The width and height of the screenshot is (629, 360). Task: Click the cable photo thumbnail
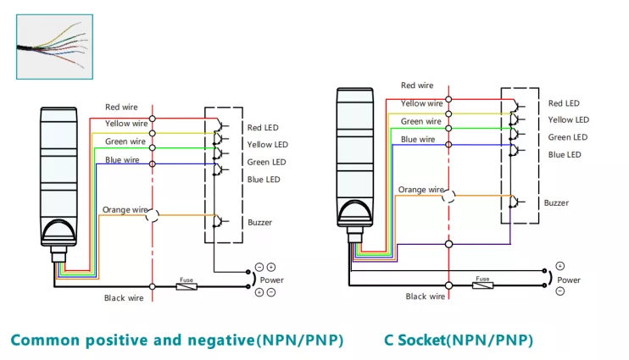point(54,47)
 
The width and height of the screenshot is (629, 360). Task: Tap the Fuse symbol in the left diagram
point(186,286)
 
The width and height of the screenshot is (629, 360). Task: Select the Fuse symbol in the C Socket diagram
point(482,285)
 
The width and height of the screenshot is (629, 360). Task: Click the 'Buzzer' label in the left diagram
point(259,223)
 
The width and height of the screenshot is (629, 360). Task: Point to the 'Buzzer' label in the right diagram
point(556,202)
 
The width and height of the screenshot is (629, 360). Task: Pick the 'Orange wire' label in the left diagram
point(125,210)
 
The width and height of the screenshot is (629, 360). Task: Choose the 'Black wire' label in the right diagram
point(426,296)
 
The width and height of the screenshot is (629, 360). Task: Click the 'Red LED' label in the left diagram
point(263,128)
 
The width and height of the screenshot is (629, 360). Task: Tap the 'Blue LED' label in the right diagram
point(565,155)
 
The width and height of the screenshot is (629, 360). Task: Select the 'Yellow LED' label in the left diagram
point(268,145)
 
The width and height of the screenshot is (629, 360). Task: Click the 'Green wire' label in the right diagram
point(420,121)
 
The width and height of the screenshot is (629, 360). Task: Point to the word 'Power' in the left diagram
point(271,280)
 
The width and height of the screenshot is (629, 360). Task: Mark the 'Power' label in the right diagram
point(569,280)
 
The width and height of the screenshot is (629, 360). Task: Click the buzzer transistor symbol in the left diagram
point(219,221)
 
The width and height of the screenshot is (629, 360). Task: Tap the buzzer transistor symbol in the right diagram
point(516,202)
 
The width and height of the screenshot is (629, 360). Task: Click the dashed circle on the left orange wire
point(153,216)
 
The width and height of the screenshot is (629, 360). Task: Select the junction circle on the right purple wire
point(449,244)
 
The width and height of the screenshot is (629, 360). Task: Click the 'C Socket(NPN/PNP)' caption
point(459,341)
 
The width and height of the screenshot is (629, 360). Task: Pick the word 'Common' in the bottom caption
point(45,341)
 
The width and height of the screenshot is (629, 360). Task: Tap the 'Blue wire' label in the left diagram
point(122,160)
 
